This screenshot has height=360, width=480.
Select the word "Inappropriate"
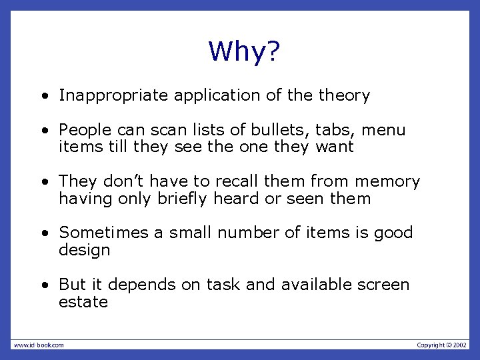pyautogui.click(x=114, y=96)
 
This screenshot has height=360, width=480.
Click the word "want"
pyautogui.click(x=333, y=147)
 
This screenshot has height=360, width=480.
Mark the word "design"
pyautogui.click(x=84, y=251)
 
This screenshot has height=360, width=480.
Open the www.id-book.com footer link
pyautogui.click(x=38, y=345)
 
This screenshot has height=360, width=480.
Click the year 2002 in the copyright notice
pyautogui.click(x=459, y=345)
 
